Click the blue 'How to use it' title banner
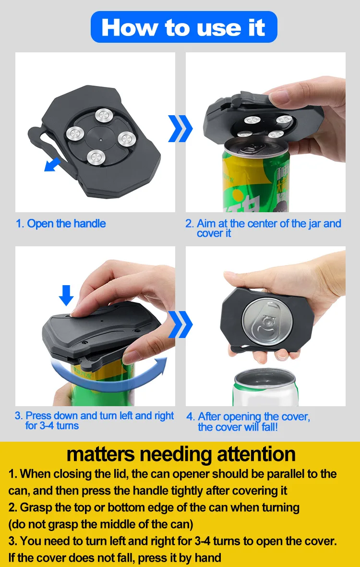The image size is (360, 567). pyautogui.click(x=184, y=27)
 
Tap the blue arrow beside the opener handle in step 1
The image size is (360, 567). pyautogui.click(x=52, y=164)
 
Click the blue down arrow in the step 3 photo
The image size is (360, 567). pyautogui.click(x=66, y=295)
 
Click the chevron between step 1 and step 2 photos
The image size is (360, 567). pyautogui.click(x=180, y=128)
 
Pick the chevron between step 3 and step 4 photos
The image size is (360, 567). pyautogui.click(x=180, y=325)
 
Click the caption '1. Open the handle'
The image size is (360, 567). pyautogui.click(x=61, y=224)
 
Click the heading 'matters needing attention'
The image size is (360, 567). pyautogui.click(x=180, y=454)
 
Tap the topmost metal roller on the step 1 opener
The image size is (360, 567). pyautogui.click(x=102, y=115)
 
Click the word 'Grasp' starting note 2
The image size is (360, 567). pyautogui.click(x=34, y=507)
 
